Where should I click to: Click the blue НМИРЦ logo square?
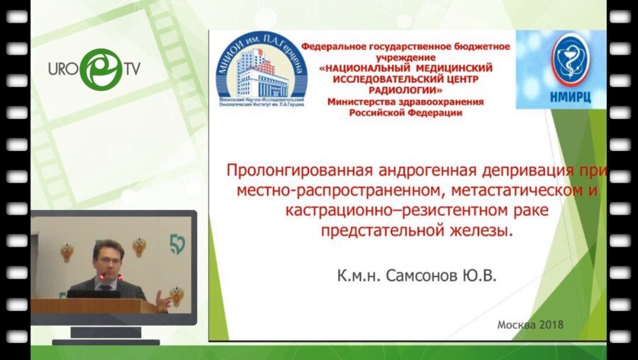[x=560, y=69]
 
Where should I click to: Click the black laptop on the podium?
[x=92, y=293]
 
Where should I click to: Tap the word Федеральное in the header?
[x=332, y=46]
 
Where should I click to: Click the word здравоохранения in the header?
[x=444, y=101]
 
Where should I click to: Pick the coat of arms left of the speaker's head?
[x=67, y=252]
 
